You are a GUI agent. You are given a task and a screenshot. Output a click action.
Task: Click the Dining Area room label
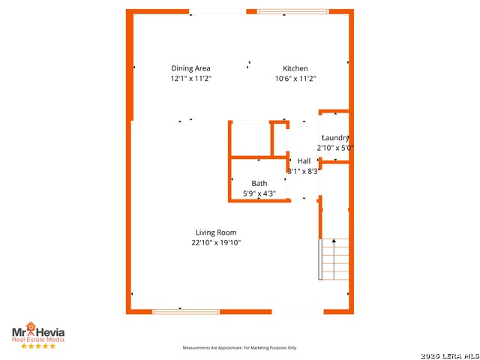click(x=191, y=68)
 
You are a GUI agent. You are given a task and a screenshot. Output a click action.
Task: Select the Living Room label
click(x=216, y=232)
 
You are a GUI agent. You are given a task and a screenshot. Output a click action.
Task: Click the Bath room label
click(x=259, y=183)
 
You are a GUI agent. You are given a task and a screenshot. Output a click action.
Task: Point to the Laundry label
click(x=335, y=138)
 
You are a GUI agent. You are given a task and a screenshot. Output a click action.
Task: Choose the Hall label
click(x=304, y=161)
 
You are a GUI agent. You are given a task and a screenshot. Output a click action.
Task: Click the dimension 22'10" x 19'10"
click(x=216, y=242)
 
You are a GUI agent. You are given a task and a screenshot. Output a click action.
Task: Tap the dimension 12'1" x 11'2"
click(x=191, y=78)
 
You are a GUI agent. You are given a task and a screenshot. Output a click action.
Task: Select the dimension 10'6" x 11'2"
click(x=295, y=78)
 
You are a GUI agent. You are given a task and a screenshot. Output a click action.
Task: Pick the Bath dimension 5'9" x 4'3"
click(x=259, y=193)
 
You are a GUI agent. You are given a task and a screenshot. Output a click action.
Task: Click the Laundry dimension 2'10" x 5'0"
click(x=334, y=148)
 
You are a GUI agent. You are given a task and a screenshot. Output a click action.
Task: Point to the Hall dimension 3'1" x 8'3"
click(x=304, y=171)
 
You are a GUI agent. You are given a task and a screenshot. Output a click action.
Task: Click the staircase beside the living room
click(x=335, y=259)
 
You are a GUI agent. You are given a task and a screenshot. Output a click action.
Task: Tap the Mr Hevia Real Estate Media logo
click(x=37, y=331)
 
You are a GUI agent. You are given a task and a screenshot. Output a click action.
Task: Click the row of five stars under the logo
click(x=37, y=346)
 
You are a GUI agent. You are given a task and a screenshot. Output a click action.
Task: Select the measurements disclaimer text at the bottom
click(x=240, y=348)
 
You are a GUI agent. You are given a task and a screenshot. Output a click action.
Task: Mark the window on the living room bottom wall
click(x=186, y=311)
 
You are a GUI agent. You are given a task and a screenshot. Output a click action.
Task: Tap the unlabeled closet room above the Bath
click(x=250, y=139)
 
